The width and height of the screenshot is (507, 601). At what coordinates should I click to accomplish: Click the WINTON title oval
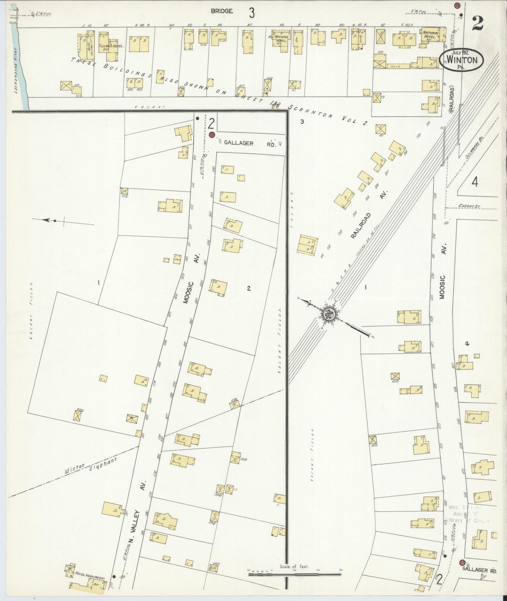463,60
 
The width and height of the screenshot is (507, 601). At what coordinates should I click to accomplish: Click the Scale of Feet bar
294,574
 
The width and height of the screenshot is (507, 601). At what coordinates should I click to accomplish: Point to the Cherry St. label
470,207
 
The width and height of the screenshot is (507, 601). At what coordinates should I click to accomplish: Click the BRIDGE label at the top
221,11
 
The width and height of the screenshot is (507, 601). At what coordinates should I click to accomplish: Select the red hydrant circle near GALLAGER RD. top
211,135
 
